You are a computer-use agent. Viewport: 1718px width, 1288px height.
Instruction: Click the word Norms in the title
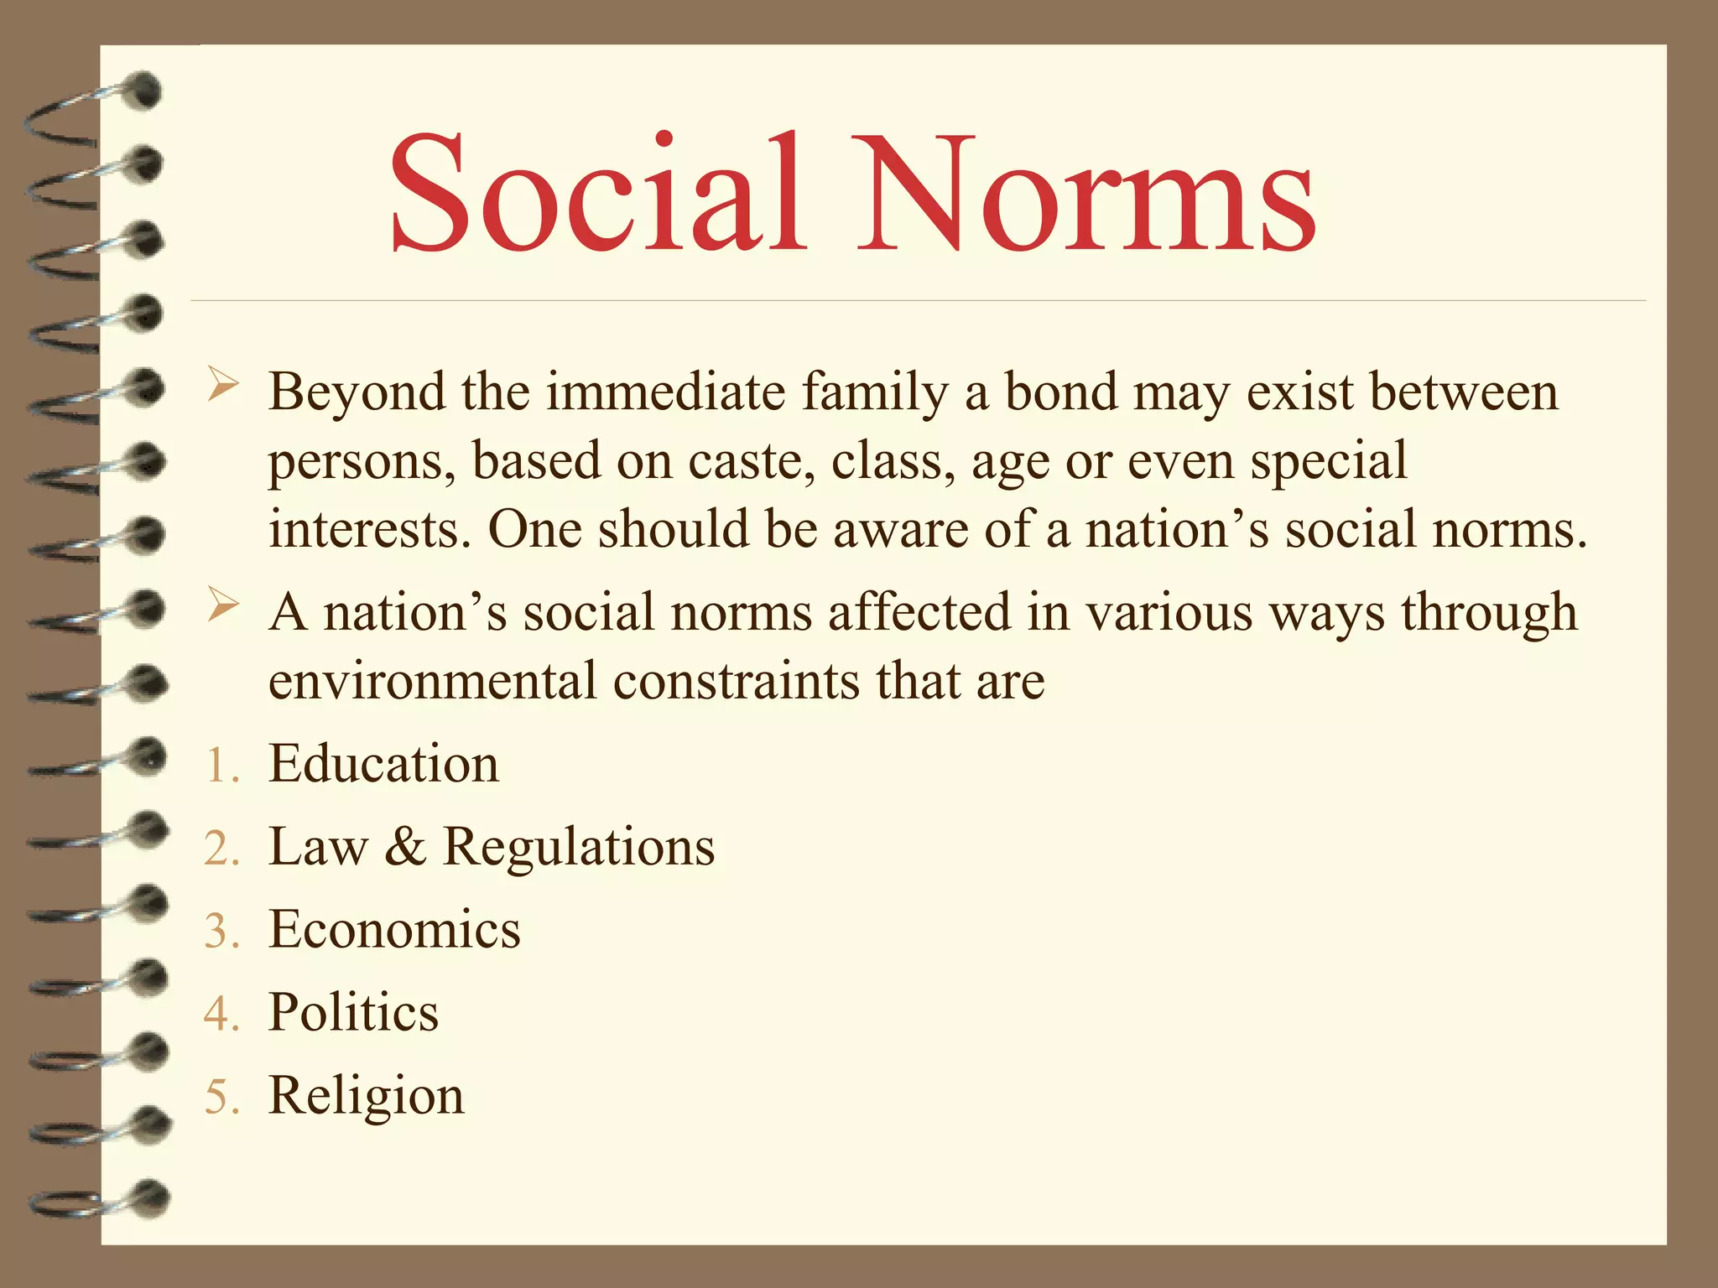tap(1085, 195)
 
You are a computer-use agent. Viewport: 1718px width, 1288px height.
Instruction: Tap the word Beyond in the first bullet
tap(357, 392)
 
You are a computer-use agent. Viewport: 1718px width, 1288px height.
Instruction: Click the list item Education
tap(383, 764)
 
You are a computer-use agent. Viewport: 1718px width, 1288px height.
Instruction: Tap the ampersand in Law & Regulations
tap(405, 846)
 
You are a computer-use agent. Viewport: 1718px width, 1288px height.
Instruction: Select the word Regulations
tap(579, 847)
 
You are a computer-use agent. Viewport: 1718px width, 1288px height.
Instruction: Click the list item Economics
tap(394, 929)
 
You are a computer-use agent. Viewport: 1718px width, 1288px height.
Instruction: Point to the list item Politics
tap(353, 1012)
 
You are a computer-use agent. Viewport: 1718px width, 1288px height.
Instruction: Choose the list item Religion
tap(366, 1095)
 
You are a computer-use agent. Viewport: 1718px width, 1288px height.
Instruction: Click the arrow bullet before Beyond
tap(223, 387)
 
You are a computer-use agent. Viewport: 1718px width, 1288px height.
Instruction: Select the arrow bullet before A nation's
tap(223, 606)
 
